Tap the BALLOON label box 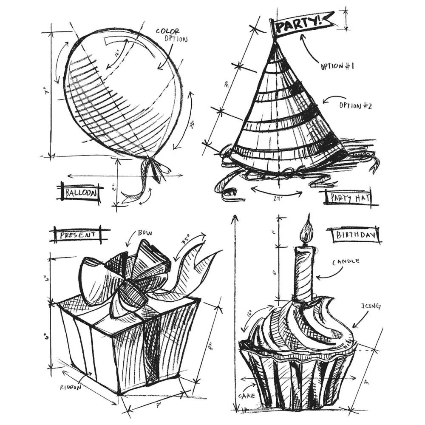(x=81, y=193)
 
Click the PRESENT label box (x=76, y=234)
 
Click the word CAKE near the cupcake (x=246, y=396)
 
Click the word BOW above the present (x=144, y=233)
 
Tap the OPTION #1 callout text (x=337, y=66)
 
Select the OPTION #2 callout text (x=355, y=105)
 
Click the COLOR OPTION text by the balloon (x=170, y=35)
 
